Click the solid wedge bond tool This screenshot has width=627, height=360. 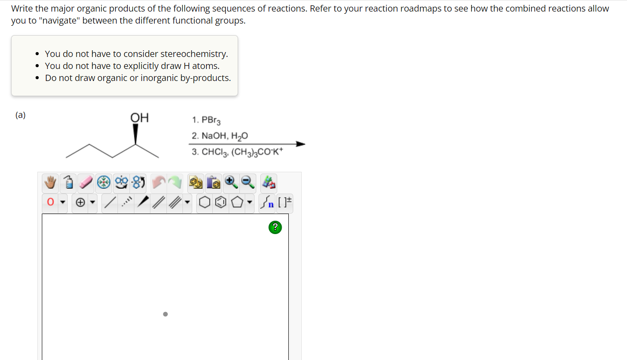click(x=142, y=203)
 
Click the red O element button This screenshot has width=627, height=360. click(x=50, y=203)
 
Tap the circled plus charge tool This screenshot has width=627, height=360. click(x=81, y=203)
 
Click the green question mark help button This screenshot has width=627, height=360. click(x=275, y=227)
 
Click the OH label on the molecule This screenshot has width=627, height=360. click(x=139, y=118)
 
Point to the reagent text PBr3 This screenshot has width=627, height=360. click(x=211, y=120)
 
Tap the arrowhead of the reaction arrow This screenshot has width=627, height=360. click(x=300, y=144)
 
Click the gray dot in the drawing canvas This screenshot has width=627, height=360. click(x=165, y=314)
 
